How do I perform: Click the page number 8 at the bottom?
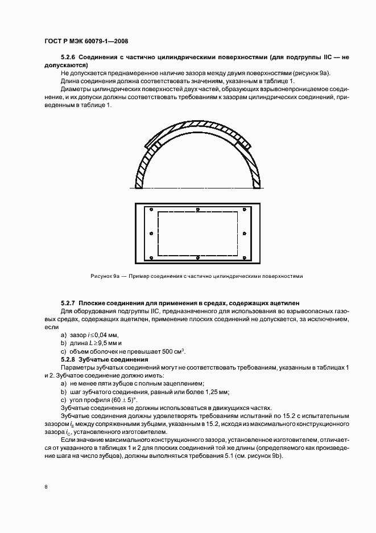click(46, 486)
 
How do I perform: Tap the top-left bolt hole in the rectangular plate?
click(152, 209)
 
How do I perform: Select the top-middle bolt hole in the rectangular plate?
click(197, 209)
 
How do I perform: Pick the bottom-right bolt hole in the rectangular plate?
click(243, 257)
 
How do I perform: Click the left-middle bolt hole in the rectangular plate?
click(151, 233)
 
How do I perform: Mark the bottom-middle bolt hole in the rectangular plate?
click(197, 257)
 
